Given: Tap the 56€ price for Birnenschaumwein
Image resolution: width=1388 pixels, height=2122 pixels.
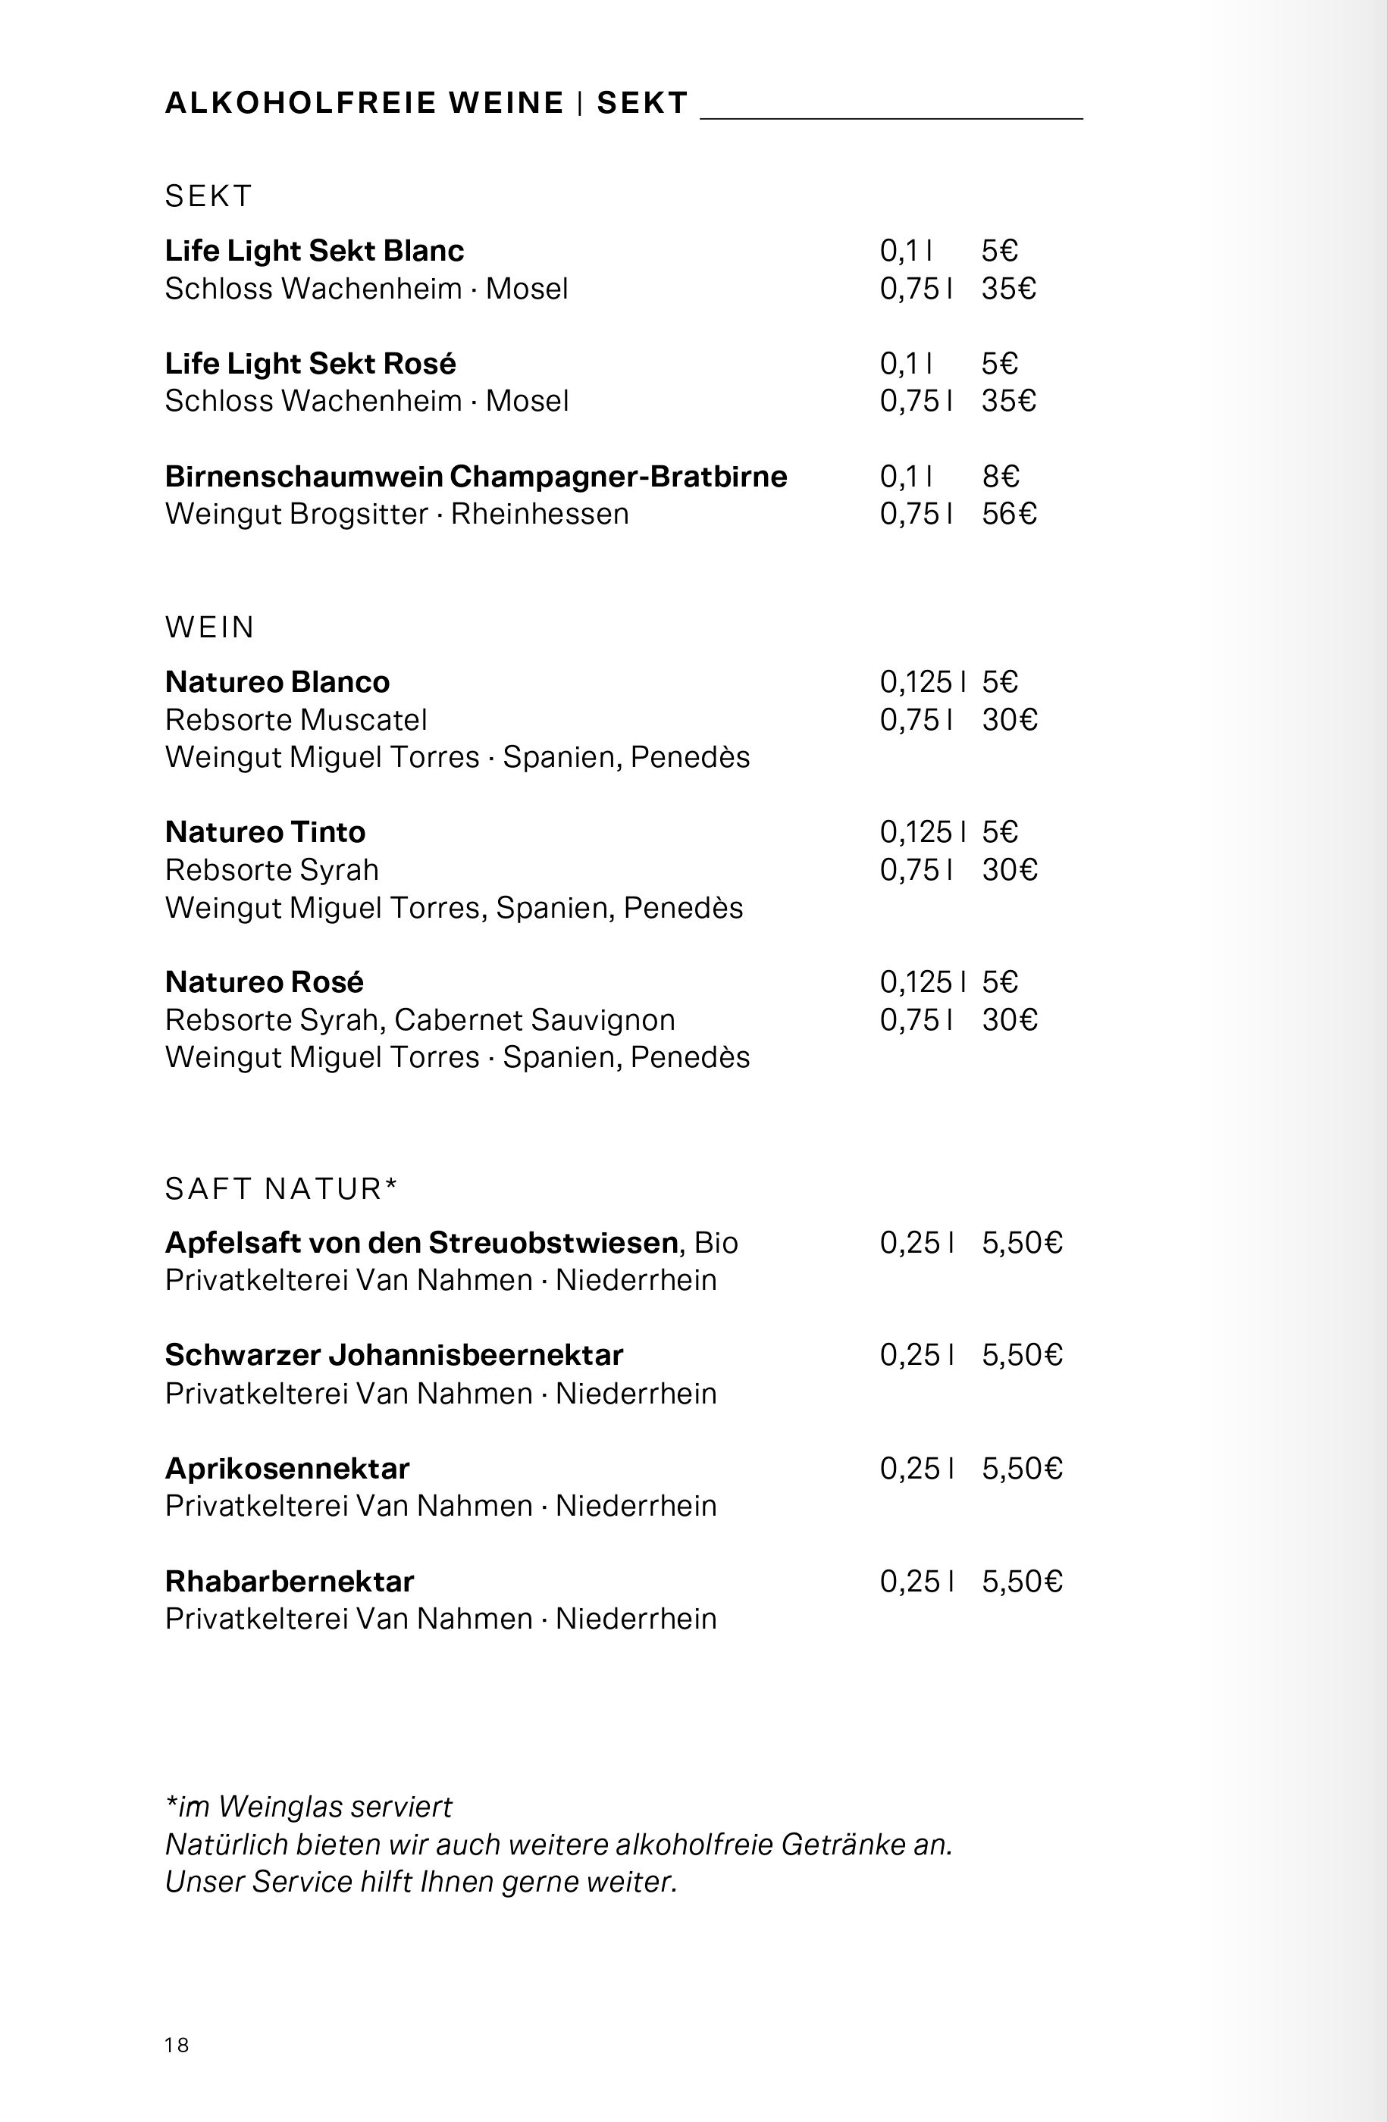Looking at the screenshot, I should pyautogui.click(x=1009, y=514).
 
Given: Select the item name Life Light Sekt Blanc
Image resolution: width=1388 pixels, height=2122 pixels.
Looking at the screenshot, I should pyautogui.click(x=314, y=251).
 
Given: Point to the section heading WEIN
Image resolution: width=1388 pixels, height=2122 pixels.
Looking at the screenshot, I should pyautogui.click(x=210, y=628).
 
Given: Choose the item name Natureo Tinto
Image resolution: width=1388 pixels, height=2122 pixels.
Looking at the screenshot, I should pyautogui.click(x=265, y=832).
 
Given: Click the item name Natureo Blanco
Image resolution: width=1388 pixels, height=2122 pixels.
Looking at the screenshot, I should pyautogui.click(x=277, y=682).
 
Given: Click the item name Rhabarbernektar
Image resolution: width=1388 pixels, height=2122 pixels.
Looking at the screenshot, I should pyautogui.click(x=289, y=1581).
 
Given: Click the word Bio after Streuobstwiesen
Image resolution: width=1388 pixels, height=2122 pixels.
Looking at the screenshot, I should pyautogui.click(x=716, y=1242).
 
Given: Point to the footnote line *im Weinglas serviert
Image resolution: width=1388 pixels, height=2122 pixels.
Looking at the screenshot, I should pyautogui.click(x=309, y=1807).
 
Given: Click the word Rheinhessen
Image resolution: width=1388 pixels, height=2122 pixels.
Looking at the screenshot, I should pyautogui.click(x=540, y=514).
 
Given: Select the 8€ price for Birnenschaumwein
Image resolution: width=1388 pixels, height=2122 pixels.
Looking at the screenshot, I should pyautogui.click(x=1000, y=476).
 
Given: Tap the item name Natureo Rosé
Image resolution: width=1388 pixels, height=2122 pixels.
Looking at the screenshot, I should pyautogui.click(x=264, y=981).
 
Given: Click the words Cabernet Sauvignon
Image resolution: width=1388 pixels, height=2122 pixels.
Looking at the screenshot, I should pyautogui.click(x=534, y=1019).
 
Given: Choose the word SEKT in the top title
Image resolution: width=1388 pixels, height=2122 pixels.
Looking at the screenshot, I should pyautogui.click(x=642, y=103).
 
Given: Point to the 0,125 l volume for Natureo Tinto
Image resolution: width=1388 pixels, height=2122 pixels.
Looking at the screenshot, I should pyautogui.click(x=922, y=832).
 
